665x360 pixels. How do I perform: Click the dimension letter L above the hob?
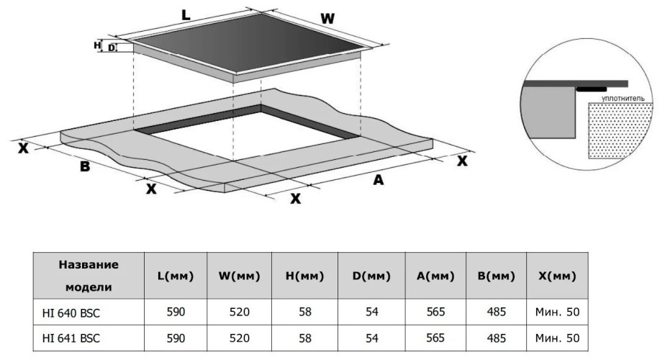pos(186,14)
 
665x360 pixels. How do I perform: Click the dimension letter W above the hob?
pos(327,19)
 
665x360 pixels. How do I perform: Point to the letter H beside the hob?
pos(97,45)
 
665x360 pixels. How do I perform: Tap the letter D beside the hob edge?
pos(112,48)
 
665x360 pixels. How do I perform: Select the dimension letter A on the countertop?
pos(378,181)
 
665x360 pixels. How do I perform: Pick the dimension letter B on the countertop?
pos(84,167)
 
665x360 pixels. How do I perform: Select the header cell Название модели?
pos(89,276)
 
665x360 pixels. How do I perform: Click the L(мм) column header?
pos(176,276)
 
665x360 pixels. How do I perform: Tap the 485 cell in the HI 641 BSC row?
pos(496,337)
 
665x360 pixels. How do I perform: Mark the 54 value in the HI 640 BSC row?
pos(371,312)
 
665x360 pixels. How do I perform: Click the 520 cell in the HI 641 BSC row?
pos(239,337)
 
